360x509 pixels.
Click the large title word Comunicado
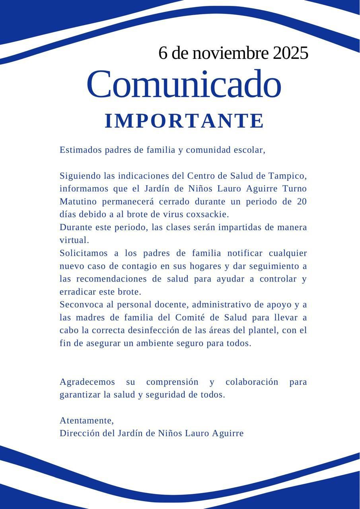(x=183, y=84)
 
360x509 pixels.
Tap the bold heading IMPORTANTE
(x=184, y=121)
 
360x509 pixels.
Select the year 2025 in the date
(x=290, y=53)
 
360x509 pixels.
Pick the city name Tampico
(x=287, y=176)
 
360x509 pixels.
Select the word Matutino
(x=78, y=202)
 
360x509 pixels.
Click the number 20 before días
(x=302, y=202)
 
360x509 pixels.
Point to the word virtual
(x=74, y=240)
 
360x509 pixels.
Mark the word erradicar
(x=78, y=292)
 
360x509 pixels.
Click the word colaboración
(x=252, y=382)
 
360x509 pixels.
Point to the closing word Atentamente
(x=86, y=421)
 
